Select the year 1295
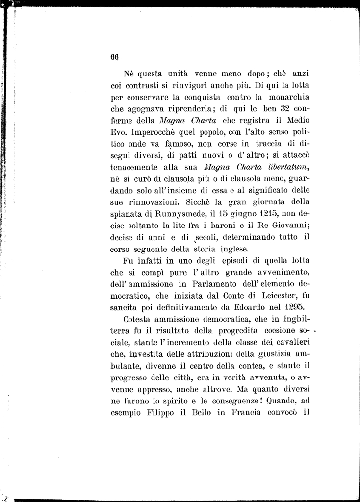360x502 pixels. click(293, 307)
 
